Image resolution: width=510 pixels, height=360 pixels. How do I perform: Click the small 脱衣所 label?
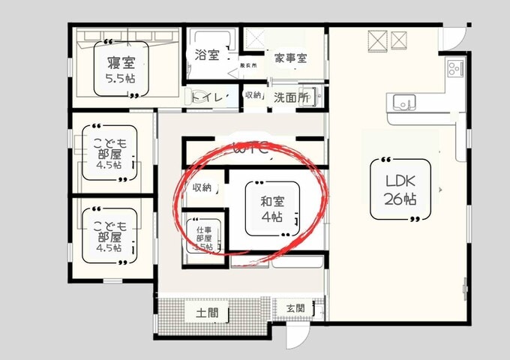(248, 66)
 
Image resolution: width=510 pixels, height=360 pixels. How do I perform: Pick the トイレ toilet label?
(205, 96)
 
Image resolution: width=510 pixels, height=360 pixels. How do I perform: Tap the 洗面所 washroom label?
(291, 97)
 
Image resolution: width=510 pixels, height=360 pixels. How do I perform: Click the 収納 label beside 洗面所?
(253, 95)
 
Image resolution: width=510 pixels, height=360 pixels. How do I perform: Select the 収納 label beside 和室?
(202, 187)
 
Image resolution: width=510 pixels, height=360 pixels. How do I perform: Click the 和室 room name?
(271, 200)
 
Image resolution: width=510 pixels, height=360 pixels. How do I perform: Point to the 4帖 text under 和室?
(271, 217)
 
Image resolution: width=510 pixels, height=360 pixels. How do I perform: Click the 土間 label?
(208, 311)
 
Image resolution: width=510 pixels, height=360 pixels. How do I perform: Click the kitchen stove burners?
(455, 69)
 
